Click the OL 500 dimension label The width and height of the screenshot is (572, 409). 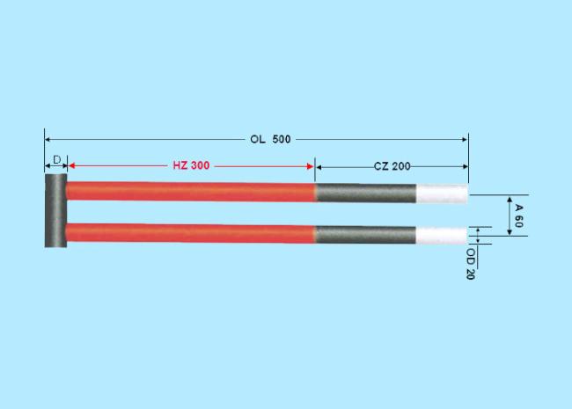[270, 139]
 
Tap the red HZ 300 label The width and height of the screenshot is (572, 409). [191, 165]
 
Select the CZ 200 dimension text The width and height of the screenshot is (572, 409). [392, 166]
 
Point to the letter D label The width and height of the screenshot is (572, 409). [57, 160]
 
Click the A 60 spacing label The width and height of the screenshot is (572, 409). [518, 215]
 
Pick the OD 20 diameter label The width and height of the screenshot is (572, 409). [471, 264]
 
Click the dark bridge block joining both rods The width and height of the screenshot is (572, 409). [55, 211]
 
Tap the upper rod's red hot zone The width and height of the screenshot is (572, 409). [191, 192]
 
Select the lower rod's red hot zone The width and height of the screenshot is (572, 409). [191, 233]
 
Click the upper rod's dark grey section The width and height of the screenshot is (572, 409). [366, 193]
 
